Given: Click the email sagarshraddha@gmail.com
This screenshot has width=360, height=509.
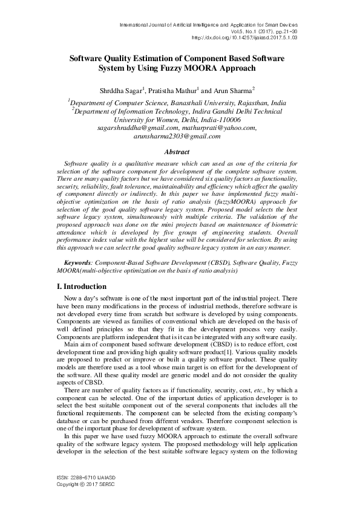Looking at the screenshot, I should tap(137, 128).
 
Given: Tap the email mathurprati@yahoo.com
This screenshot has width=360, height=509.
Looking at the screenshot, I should tap(220, 128).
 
